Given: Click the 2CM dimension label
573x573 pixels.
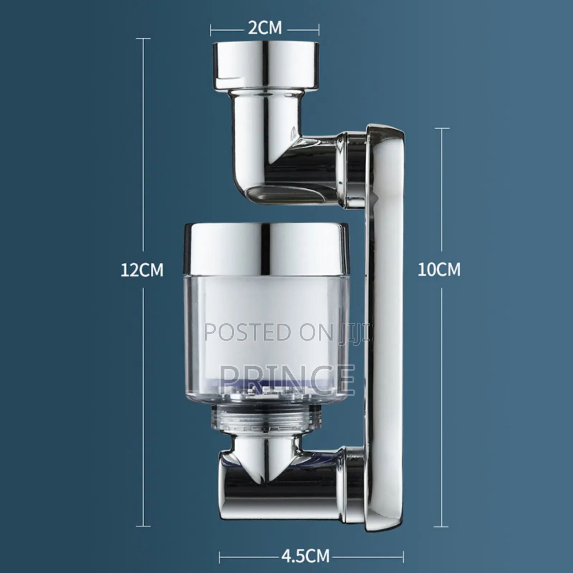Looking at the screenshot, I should click(265, 28).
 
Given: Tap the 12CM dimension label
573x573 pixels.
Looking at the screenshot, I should click(142, 270).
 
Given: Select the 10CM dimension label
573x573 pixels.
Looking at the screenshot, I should click(439, 269).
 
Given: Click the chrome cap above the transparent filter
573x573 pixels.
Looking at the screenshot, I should click(266, 249).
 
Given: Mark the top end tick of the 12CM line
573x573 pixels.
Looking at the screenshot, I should click(144, 38).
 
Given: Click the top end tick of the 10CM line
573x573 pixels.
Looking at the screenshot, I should click(441, 128).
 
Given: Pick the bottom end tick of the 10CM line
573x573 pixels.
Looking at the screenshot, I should click(441, 526).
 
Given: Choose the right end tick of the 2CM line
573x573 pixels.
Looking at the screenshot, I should click(319, 30).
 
